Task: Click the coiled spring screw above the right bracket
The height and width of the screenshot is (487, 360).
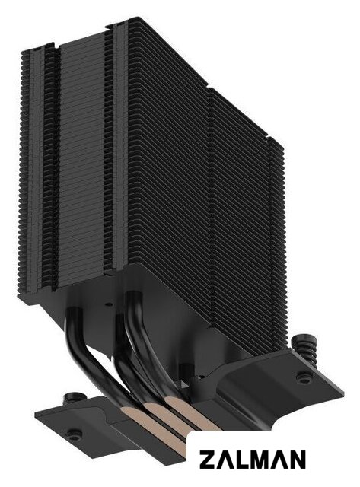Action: pyautogui.click(x=304, y=345)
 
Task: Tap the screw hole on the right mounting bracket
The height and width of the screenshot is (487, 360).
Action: pyautogui.click(x=301, y=377)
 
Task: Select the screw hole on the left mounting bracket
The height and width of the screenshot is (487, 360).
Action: pyautogui.click(x=74, y=432)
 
